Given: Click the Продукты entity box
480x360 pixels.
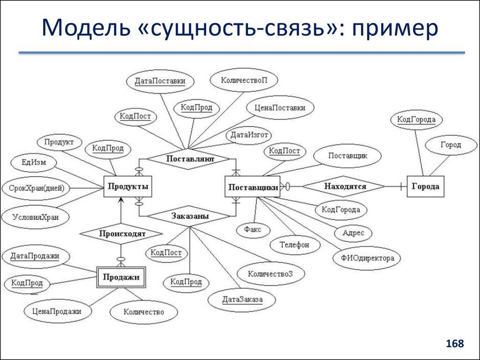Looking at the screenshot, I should pyautogui.click(x=128, y=187).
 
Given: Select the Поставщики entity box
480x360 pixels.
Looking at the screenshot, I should pyautogui.click(x=253, y=187).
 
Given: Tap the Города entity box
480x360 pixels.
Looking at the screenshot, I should pyautogui.click(x=425, y=187).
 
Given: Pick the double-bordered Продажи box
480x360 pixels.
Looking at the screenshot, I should pyautogui.click(x=121, y=277).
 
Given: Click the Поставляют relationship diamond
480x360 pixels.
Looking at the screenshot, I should pyautogui.click(x=190, y=159).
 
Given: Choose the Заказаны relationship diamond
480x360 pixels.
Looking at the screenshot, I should pyautogui.click(x=190, y=217).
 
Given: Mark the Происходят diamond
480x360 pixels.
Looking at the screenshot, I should pyautogui.click(x=121, y=233).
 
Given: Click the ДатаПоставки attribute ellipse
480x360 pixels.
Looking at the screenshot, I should pyautogui.click(x=159, y=81).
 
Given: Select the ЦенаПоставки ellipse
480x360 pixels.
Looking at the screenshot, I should pyautogui.click(x=279, y=108).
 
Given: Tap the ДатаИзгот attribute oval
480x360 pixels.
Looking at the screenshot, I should pyautogui.click(x=249, y=135).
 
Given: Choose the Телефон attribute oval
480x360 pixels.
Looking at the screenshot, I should pyautogui.click(x=295, y=244).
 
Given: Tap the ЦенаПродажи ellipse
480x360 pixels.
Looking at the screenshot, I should pyautogui.click(x=57, y=311).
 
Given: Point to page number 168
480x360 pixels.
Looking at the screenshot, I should pyautogui.click(x=455, y=344).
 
